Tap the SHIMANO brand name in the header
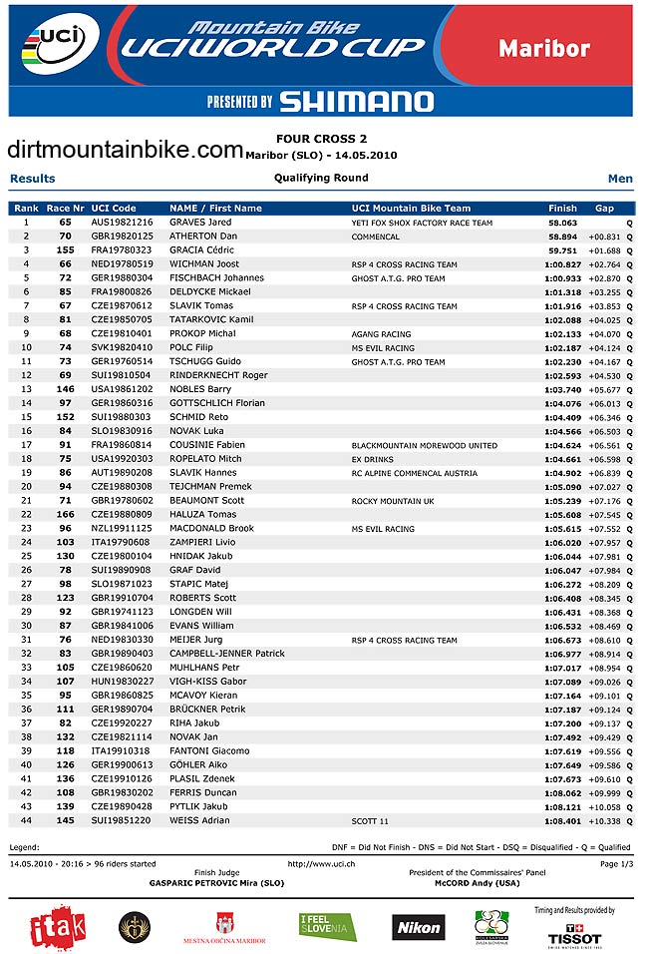[x=356, y=101]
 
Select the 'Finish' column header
[x=562, y=209]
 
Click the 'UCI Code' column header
[x=113, y=209]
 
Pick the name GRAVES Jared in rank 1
[x=200, y=223]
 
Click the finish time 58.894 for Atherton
[x=563, y=237]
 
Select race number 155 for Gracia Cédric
[x=66, y=250]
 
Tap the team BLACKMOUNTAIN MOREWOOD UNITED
[x=424, y=445]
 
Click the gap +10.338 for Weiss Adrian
[x=603, y=820]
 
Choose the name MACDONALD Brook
[x=211, y=529]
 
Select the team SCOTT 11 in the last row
[x=370, y=820]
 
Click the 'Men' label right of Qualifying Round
[x=620, y=179]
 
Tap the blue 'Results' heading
[x=33, y=179]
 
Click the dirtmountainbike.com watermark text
[x=126, y=150]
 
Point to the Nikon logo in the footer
[x=419, y=927]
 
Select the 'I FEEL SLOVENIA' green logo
[x=328, y=927]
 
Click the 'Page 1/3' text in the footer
[x=613, y=863]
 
